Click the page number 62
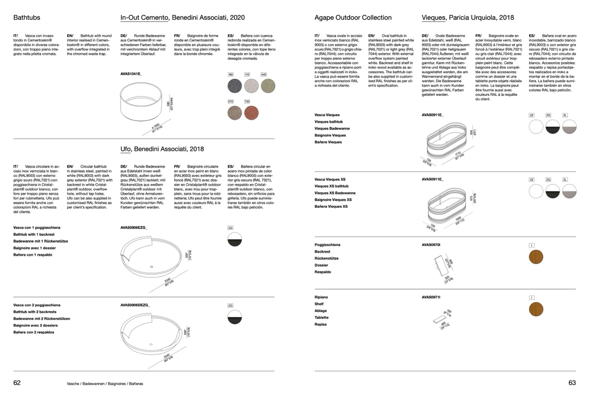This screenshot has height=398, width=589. [17, 383]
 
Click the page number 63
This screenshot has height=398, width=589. [572, 383]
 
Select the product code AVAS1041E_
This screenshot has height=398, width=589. [131, 74]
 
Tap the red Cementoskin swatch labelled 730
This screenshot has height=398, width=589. [251, 112]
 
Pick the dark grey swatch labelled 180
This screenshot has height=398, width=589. [235, 86]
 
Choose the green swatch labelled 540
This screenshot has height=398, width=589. [268, 86]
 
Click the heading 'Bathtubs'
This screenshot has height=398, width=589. [27, 17]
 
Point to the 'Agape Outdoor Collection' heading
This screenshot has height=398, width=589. [353, 17]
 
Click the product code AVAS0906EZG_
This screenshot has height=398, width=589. [134, 228]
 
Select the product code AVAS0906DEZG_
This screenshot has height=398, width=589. [135, 305]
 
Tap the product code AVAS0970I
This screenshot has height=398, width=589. [431, 245]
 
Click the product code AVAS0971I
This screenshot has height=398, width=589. [431, 297]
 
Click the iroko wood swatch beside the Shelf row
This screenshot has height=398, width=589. [536, 309]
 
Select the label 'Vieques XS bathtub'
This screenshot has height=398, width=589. [331, 186]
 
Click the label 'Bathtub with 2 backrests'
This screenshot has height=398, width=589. [35, 312]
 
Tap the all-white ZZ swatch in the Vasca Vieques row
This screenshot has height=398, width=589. [536, 127]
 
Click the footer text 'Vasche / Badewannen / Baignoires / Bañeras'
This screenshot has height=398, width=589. [105, 383]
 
